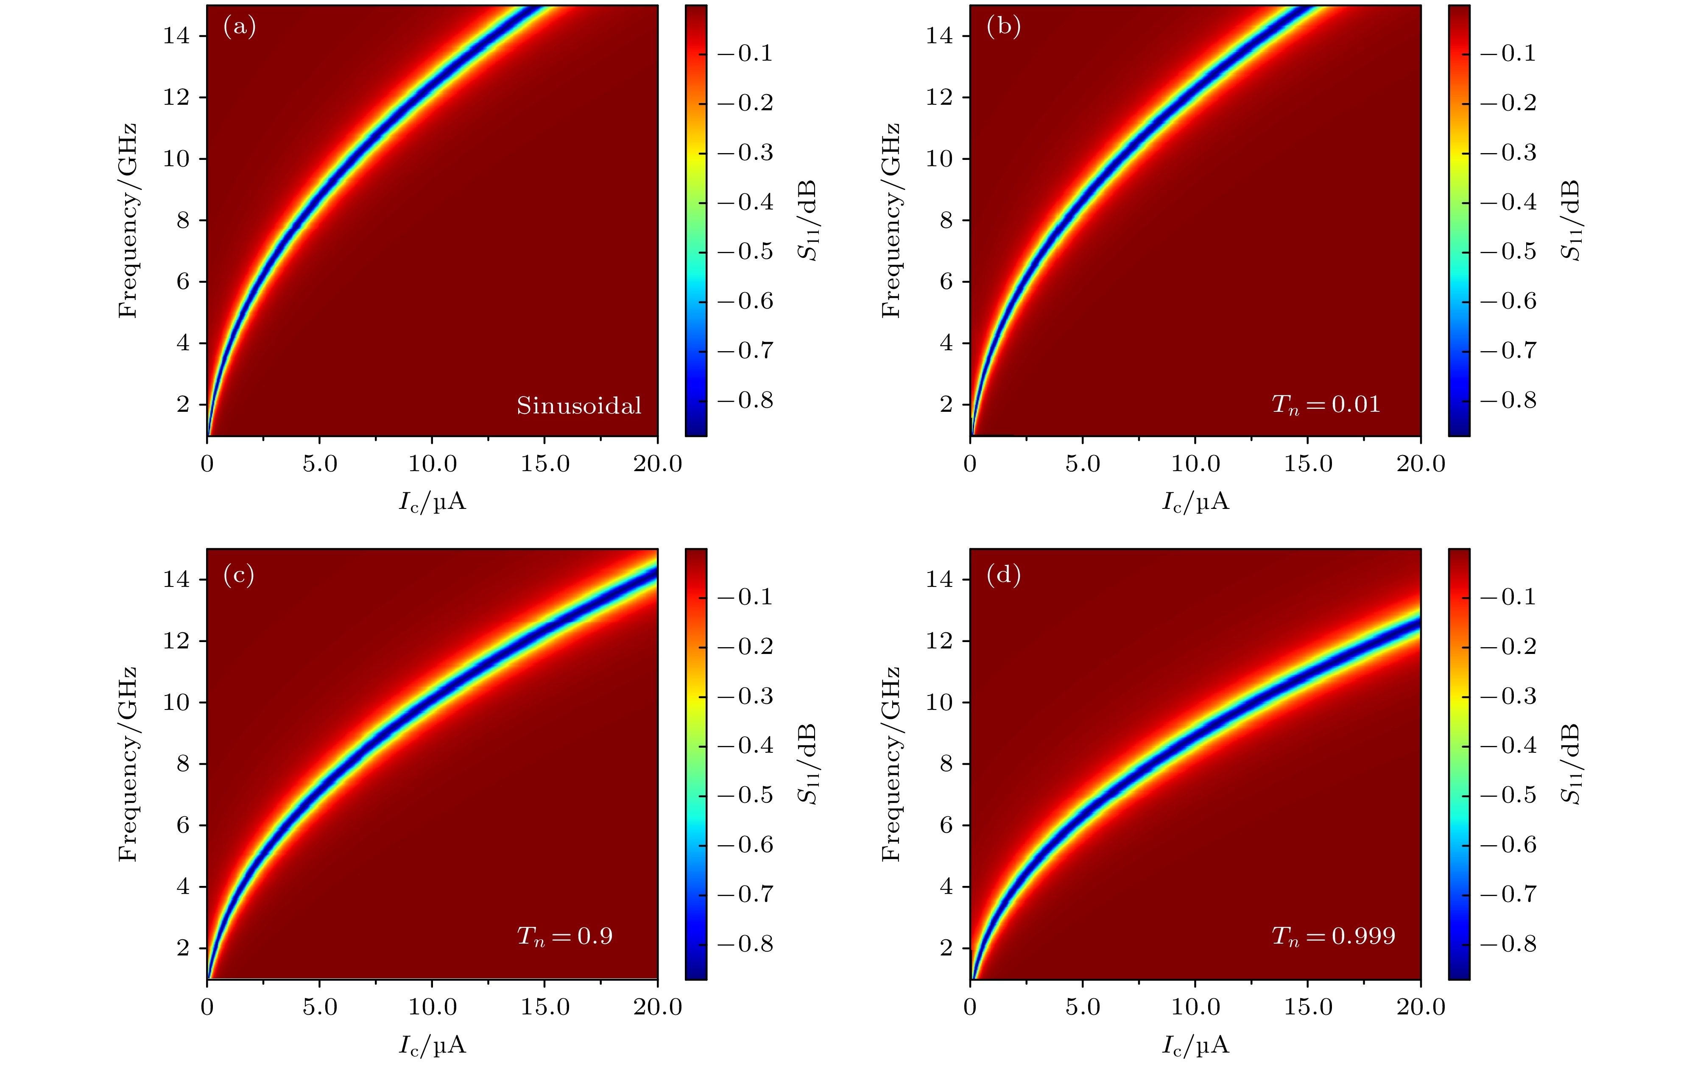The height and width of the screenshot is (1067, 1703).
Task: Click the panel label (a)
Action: (239, 28)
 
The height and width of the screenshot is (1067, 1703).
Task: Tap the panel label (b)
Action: (1002, 28)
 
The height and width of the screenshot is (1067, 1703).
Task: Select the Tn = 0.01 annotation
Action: (1325, 404)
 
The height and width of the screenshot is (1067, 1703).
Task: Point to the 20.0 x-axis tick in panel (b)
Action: (1420, 464)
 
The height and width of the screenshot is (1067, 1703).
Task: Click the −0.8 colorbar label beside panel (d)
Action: (1508, 944)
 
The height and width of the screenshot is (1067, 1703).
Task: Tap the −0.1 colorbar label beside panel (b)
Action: (1508, 53)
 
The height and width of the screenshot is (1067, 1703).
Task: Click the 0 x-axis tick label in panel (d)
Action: (970, 1007)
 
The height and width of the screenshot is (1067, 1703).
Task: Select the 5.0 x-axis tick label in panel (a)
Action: (320, 464)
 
